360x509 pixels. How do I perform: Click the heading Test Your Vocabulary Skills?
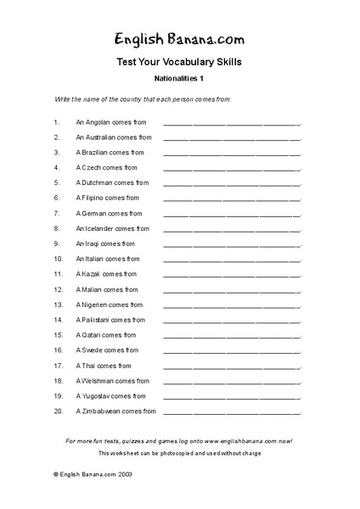point(179,62)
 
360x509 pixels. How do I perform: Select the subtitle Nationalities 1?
point(179,79)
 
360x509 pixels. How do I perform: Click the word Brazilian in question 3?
point(98,153)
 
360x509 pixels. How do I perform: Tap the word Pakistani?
point(99,320)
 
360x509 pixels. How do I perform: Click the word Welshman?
point(102,381)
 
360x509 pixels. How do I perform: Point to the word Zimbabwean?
point(106,411)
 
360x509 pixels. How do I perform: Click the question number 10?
point(58,259)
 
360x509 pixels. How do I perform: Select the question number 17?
point(58,366)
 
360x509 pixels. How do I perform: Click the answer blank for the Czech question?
point(231,168)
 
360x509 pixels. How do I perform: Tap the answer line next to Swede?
point(231,350)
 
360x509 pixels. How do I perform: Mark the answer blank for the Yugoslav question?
point(231,396)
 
